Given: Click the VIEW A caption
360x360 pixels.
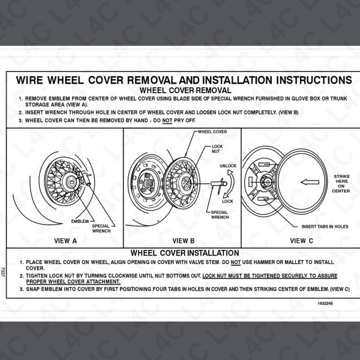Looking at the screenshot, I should [x=65, y=241].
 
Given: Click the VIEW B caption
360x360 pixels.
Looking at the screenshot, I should [x=183, y=241].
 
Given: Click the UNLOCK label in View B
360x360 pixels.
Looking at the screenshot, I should [x=228, y=166].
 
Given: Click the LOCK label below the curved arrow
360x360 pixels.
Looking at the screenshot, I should [x=228, y=201].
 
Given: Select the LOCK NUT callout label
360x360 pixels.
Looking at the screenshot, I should [x=217, y=150].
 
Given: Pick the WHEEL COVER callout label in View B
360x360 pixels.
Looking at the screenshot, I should [x=212, y=132].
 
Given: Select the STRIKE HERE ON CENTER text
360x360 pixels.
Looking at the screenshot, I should [x=341, y=183].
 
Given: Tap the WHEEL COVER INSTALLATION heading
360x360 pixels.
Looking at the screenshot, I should [x=184, y=253].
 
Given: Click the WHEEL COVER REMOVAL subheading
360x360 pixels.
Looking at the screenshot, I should [x=184, y=90].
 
